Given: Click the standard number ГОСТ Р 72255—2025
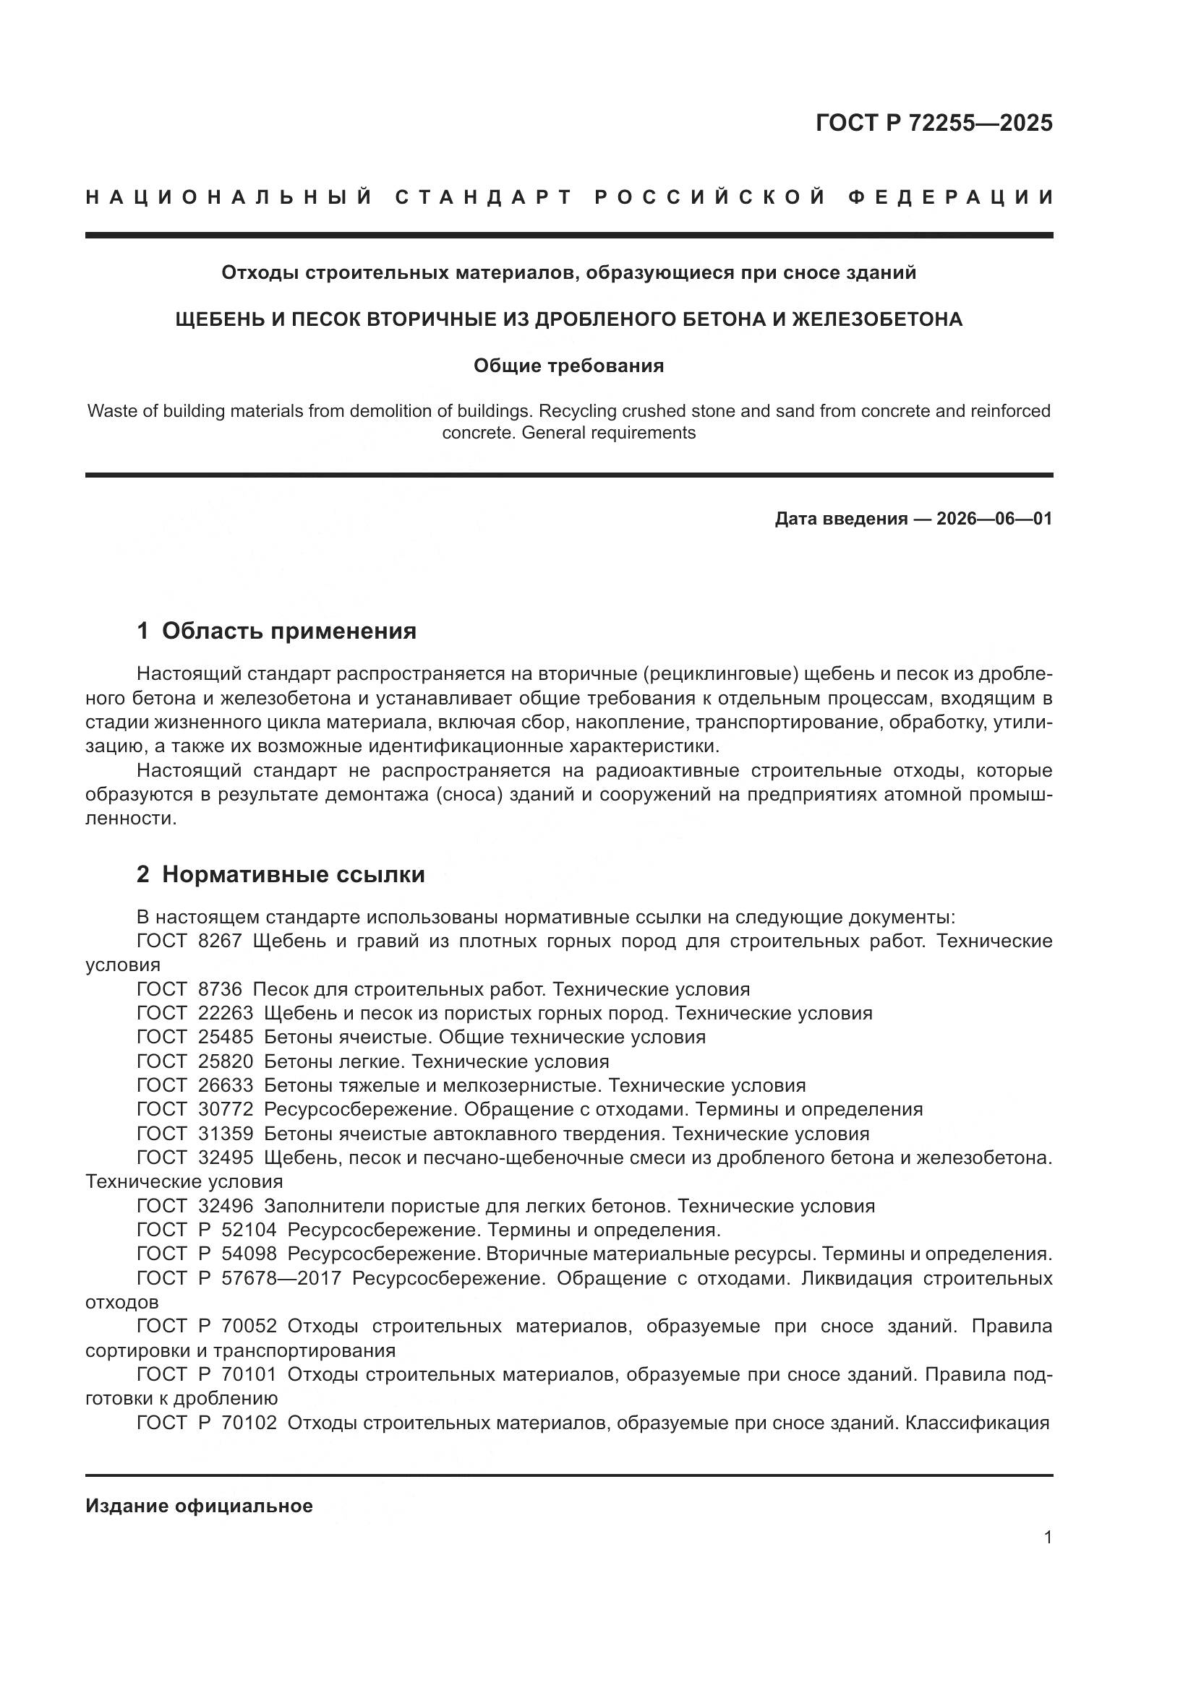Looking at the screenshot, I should [933, 123].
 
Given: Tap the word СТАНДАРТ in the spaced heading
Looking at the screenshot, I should [483, 197].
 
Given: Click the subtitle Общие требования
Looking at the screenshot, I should [568, 366].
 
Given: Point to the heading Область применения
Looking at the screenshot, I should [289, 631].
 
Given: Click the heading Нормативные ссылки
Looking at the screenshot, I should [293, 874].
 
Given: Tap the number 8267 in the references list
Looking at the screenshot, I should [221, 941].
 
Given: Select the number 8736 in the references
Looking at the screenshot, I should [221, 989].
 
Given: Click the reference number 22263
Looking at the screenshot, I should [226, 1014].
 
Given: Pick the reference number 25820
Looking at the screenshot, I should [226, 1061].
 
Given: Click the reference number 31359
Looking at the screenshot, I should [226, 1134].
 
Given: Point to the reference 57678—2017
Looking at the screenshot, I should [281, 1278].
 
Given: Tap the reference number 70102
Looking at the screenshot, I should [249, 1423].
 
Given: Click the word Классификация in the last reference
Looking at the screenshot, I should [976, 1423].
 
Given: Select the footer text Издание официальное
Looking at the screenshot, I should [199, 1506].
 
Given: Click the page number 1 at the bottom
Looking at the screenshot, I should [1048, 1538].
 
